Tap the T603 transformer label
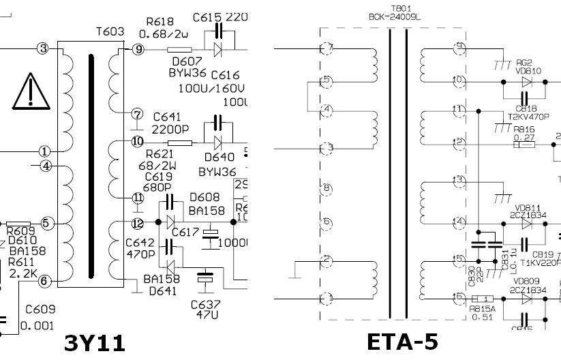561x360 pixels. coord(109,31)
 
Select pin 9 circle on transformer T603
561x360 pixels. coord(137,49)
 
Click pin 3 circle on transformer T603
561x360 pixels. coord(44,48)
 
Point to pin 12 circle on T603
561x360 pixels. coord(138,223)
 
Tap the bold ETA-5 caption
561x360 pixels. coord(401,341)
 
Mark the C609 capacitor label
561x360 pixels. coord(40,309)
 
